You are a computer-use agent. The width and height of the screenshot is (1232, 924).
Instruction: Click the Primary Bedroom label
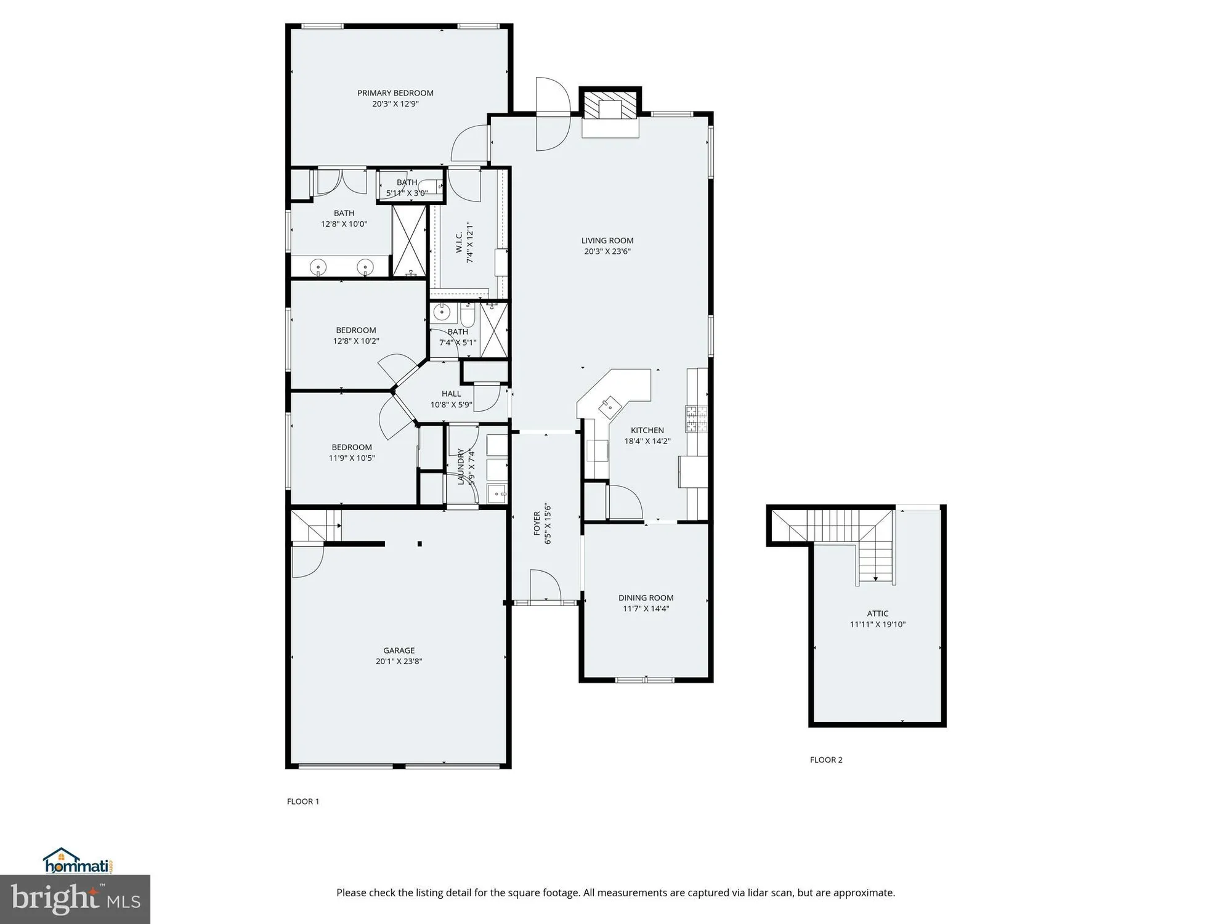pyautogui.click(x=395, y=93)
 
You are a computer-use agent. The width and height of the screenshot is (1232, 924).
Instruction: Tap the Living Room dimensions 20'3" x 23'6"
pyautogui.click(x=607, y=251)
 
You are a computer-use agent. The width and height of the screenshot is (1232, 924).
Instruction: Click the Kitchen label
pyautogui.click(x=647, y=430)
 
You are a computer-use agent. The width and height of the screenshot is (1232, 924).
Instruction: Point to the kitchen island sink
pyautogui.click(x=609, y=406)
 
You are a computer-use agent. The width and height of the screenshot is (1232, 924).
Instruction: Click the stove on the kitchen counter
pyautogui.click(x=697, y=419)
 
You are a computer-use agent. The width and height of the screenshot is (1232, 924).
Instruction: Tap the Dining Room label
pyautogui.click(x=646, y=598)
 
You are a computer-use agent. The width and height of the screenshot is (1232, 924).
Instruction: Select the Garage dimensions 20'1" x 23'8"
pyautogui.click(x=399, y=662)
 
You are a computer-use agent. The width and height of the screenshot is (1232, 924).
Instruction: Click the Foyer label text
pyautogui.click(x=537, y=523)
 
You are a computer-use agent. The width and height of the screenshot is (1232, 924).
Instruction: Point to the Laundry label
pyautogui.click(x=461, y=466)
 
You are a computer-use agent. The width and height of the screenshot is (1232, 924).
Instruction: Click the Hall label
pyautogui.click(x=451, y=394)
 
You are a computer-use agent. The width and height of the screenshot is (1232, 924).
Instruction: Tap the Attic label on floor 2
pyautogui.click(x=877, y=614)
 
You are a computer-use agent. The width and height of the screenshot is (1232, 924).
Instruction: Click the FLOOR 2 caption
pyautogui.click(x=825, y=760)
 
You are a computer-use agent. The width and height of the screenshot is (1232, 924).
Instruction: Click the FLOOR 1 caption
pyautogui.click(x=302, y=801)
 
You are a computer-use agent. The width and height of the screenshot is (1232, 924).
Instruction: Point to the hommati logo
pyautogui.click(x=78, y=861)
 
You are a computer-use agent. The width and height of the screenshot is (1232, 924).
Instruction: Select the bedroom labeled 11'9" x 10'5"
pyautogui.click(x=352, y=453)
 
